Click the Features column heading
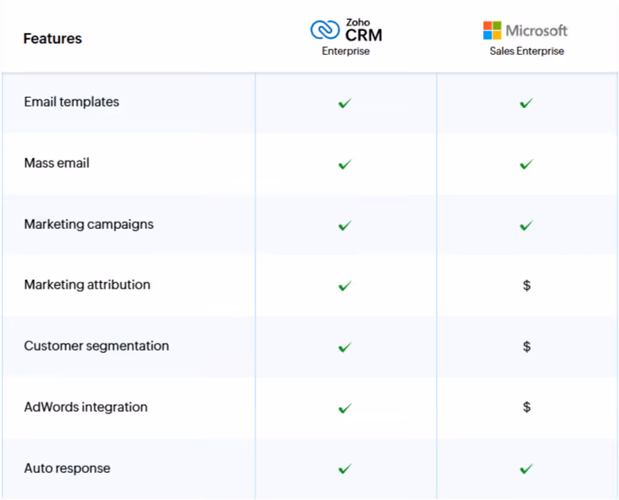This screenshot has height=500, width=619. tap(53, 39)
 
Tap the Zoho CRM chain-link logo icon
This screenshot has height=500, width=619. tap(325, 30)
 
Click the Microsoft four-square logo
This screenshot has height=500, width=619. tap(492, 30)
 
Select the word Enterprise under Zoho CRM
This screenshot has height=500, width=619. tap(346, 51)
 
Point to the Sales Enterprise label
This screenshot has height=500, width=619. tap(527, 51)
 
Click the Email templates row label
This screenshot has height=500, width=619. tap(72, 102)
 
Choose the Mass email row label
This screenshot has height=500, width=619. tap(56, 163)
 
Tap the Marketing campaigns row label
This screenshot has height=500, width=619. tap(89, 224)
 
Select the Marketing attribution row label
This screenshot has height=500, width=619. tap(88, 285)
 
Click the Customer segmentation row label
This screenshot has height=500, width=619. tap(96, 346)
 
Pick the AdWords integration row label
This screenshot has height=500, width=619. tap(86, 407)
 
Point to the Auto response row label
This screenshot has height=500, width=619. tap(67, 468)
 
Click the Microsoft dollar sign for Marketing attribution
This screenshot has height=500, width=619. tap(527, 285)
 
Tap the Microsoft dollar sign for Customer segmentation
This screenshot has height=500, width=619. tap(527, 347)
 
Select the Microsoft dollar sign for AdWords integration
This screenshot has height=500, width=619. tap(527, 407)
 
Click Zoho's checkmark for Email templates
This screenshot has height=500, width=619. tap(345, 103)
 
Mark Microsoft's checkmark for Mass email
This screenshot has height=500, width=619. tap(526, 165)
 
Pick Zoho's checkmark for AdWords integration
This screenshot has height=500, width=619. tap(345, 408)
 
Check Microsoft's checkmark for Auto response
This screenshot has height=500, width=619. tap(526, 469)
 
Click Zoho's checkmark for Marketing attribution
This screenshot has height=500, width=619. tap(345, 286)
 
